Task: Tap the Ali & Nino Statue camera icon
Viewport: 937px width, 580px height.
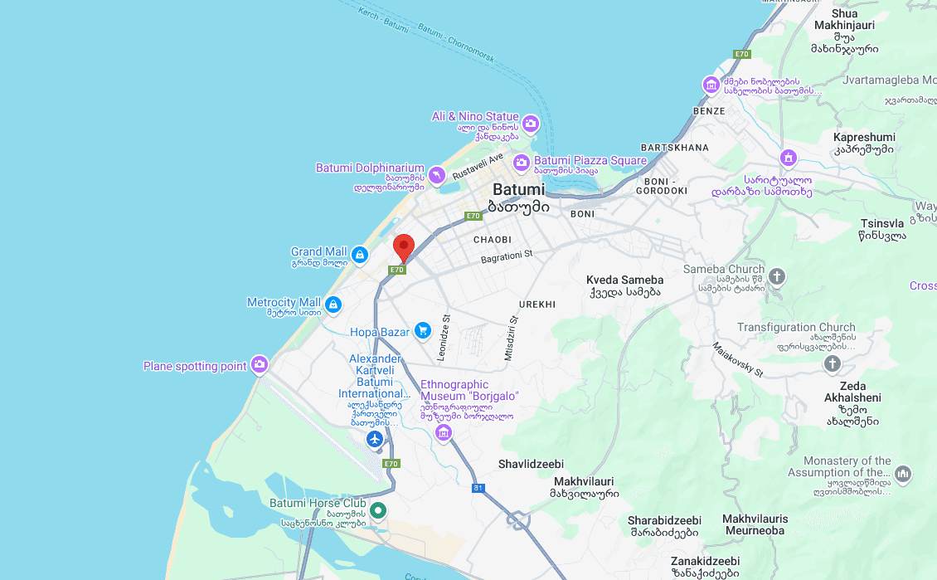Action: pyautogui.click(x=531, y=124)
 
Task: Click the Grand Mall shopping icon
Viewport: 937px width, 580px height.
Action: pyautogui.click(x=359, y=255)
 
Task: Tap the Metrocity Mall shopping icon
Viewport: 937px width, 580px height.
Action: pyautogui.click(x=333, y=305)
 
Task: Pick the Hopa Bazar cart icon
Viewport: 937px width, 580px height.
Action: pyautogui.click(x=423, y=331)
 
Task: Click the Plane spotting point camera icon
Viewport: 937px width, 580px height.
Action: pyautogui.click(x=260, y=363)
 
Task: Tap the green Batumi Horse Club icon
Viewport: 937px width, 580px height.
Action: pyautogui.click(x=378, y=510)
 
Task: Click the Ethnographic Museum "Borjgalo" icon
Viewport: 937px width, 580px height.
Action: pyautogui.click(x=444, y=432)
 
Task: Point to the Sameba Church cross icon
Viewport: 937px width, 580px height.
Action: pyautogui.click(x=777, y=275)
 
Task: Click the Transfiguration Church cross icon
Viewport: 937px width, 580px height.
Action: pyautogui.click(x=832, y=363)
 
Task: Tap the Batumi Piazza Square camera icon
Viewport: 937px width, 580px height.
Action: pyautogui.click(x=522, y=162)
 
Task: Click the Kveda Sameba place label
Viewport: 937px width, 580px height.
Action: pyautogui.click(x=624, y=280)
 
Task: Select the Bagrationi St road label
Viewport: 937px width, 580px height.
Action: pyautogui.click(x=506, y=258)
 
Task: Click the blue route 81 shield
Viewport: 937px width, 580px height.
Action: pyautogui.click(x=478, y=488)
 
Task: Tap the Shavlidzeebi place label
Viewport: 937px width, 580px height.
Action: pyautogui.click(x=531, y=464)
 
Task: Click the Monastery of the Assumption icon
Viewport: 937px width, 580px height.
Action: pyautogui.click(x=903, y=474)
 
